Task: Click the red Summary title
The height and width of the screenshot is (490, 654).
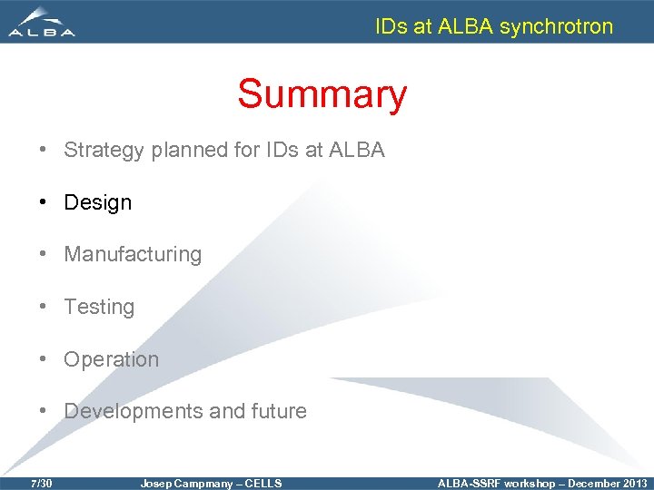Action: pyautogui.click(x=322, y=94)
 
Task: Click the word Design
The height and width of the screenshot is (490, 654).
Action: pyautogui.click(x=97, y=202)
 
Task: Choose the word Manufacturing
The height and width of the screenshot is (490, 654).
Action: pyautogui.click(x=133, y=254)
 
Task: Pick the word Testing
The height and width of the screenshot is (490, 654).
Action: pyautogui.click(x=99, y=307)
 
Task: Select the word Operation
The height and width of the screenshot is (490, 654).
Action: pyautogui.click(x=111, y=359)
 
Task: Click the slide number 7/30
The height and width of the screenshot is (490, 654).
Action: pyautogui.click(x=41, y=484)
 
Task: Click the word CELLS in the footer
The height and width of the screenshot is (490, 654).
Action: pyautogui.click(x=263, y=484)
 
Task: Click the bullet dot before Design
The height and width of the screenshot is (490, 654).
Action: pyautogui.click(x=44, y=202)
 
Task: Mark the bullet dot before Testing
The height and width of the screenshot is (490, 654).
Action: pyautogui.click(x=44, y=307)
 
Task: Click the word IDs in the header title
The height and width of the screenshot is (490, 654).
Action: pyautogui.click(x=391, y=26)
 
